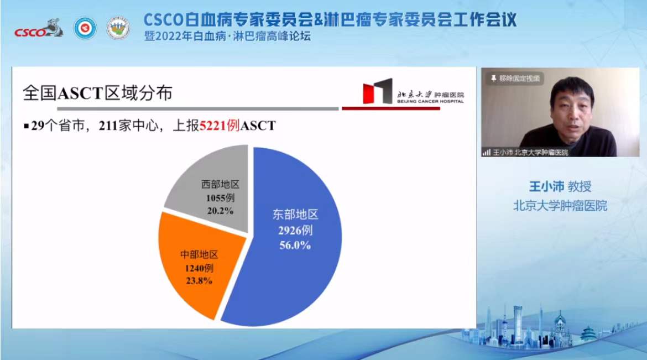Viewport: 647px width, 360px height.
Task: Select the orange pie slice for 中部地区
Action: click(x=198, y=264)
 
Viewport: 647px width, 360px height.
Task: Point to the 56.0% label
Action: click(x=295, y=245)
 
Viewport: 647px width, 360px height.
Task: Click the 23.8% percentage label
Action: click(x=199, y=281)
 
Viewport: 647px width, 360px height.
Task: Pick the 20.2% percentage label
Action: click(x=220, y=211)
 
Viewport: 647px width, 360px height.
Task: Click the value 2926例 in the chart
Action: click(x=295, y=230)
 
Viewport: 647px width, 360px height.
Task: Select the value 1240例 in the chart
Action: click(x=199, y=268)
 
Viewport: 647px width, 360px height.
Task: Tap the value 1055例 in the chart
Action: click(x=220, y=198)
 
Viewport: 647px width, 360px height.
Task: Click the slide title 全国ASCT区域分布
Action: click(x=97, y=93)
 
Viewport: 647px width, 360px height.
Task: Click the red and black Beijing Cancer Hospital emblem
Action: click(x=378, y=91)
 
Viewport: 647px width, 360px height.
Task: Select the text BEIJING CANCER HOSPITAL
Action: click(x=430, y=101)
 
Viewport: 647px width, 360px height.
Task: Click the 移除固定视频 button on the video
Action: click(x=515, y=78)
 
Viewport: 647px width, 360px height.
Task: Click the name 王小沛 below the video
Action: click(x=546, y=186)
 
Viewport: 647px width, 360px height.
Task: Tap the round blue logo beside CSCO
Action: click(x=85, y=29)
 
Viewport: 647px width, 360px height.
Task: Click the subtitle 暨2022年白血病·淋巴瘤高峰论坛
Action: click(x=227, y=36)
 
